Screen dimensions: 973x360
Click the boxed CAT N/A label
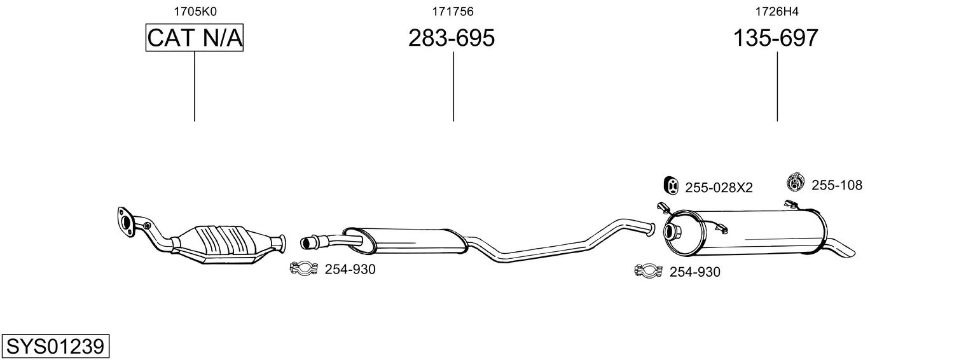tap(194, 38)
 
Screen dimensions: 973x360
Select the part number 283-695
tap(452, 38)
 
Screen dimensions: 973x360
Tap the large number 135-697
tap(776, 38)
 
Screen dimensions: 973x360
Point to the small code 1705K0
tap(195, 11)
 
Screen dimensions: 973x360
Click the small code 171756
tap(453, 11)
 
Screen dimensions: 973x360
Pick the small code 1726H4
tap(776, 11)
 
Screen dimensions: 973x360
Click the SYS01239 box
tap(55, 347)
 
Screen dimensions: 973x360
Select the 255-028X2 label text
tap(719, 188)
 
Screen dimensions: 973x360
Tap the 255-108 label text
tap(837, 185)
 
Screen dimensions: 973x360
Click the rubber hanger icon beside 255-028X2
tap(671, 186)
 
